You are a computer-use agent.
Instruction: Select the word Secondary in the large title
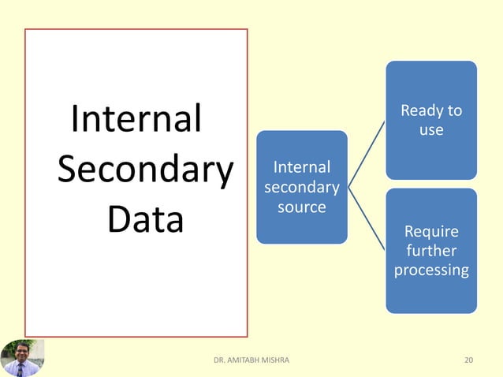pos(146,170)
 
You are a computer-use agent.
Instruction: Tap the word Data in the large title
pos(145,221)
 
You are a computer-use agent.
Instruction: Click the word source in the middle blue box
pos(301,207)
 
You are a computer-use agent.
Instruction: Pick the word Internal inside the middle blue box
pos(301,167)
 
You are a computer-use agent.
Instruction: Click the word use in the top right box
pos(430,130)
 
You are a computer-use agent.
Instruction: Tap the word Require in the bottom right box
pos(430,232)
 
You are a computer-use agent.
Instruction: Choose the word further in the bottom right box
pos(430,251)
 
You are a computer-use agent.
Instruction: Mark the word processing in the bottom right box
pos(430,270)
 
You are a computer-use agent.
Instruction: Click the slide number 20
pos(469,360)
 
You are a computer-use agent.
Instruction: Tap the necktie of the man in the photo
pos(20,370)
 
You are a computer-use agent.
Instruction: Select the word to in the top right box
pos(454,111)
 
